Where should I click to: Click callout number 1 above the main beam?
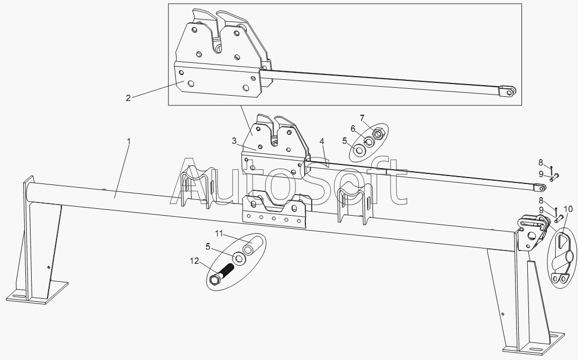[129, 142]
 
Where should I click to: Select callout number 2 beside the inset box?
[128, 98]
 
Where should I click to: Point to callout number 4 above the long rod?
[322, 142]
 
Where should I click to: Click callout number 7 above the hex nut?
[362, 117]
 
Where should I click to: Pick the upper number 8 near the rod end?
[540, 162]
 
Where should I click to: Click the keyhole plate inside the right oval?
[562, 256]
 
